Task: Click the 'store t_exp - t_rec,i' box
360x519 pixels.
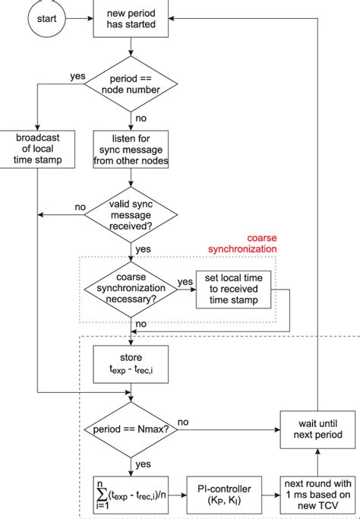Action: pos(131,362)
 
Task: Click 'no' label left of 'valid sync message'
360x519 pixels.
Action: pos(79,207)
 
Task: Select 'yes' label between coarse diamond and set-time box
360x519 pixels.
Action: pos(185,281)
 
